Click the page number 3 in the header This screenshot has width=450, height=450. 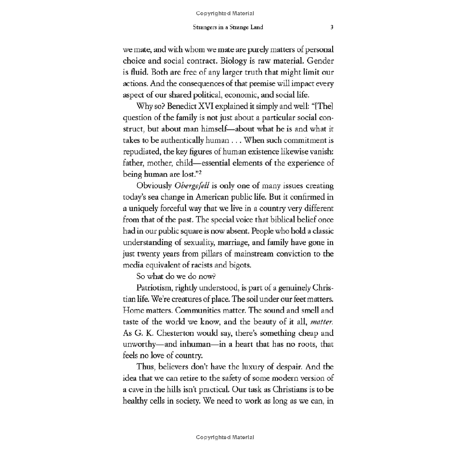pyautogui.click(x=332, y=27)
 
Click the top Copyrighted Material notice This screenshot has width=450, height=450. pyautogui.click(x=225, y=13)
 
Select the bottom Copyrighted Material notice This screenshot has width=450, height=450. pyautogui.click(x=225, y=437)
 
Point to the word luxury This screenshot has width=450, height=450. pyautogui.click(x=242, y=369)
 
